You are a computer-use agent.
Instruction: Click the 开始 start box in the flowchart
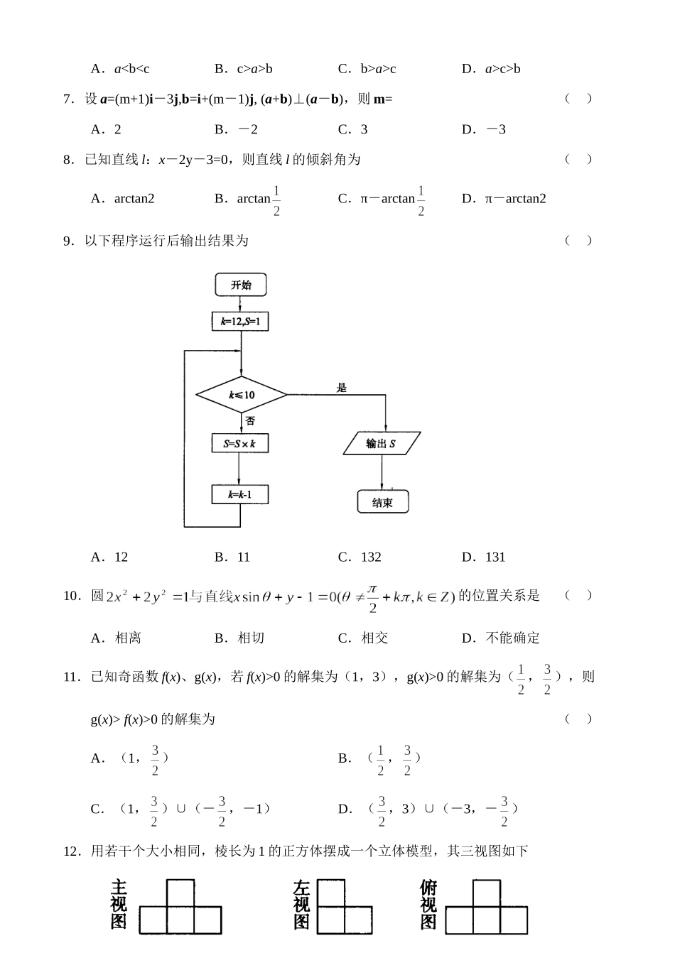point(241,285)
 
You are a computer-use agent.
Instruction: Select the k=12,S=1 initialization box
point(241,322)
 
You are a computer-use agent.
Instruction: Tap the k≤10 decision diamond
point(242,395)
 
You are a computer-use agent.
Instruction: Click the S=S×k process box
point(240,444)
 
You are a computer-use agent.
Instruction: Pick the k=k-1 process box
point(240,494)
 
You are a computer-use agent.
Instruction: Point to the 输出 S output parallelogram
point(382,444)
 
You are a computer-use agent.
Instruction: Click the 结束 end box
point(382,502)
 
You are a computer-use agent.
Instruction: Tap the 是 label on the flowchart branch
point(342,388)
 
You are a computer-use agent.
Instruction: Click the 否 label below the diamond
point(250,420)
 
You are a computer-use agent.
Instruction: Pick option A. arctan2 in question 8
point(123,199)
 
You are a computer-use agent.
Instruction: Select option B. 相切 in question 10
point(239,638)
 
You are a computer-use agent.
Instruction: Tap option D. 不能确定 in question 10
point(500,638)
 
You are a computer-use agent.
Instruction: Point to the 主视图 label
point(119,905)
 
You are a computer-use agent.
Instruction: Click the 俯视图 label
point(428,905)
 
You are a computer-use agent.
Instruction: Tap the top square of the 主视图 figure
point(180,893)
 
